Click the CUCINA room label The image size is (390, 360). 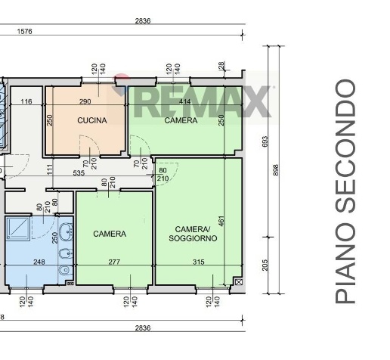coord(92,120)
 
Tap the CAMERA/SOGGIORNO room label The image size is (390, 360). coord(193,234)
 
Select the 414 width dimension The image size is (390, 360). coord(185,101)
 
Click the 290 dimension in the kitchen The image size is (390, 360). coord(85,101)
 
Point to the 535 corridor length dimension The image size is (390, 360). coord(79,173)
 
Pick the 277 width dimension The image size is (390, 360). coord(114,262)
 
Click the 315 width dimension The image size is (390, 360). coord(199,262)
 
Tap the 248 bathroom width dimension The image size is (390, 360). coord(39,262)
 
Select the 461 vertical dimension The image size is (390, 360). coord(221,221)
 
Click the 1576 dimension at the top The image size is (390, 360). coord(24,32)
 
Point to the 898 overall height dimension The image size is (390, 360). coord(276,170)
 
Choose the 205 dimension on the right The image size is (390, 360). coord(265,265)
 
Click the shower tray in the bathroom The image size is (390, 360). coord(18,228)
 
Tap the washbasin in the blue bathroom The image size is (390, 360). coord(66,231)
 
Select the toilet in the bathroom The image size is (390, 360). coord(66,271)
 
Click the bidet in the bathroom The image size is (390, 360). coord(66,253)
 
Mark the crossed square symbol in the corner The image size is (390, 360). coord(239,281)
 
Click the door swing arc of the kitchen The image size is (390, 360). coord(92,141)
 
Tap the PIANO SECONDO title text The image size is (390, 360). coord(345,191)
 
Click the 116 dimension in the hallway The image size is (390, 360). coord(26,101)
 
